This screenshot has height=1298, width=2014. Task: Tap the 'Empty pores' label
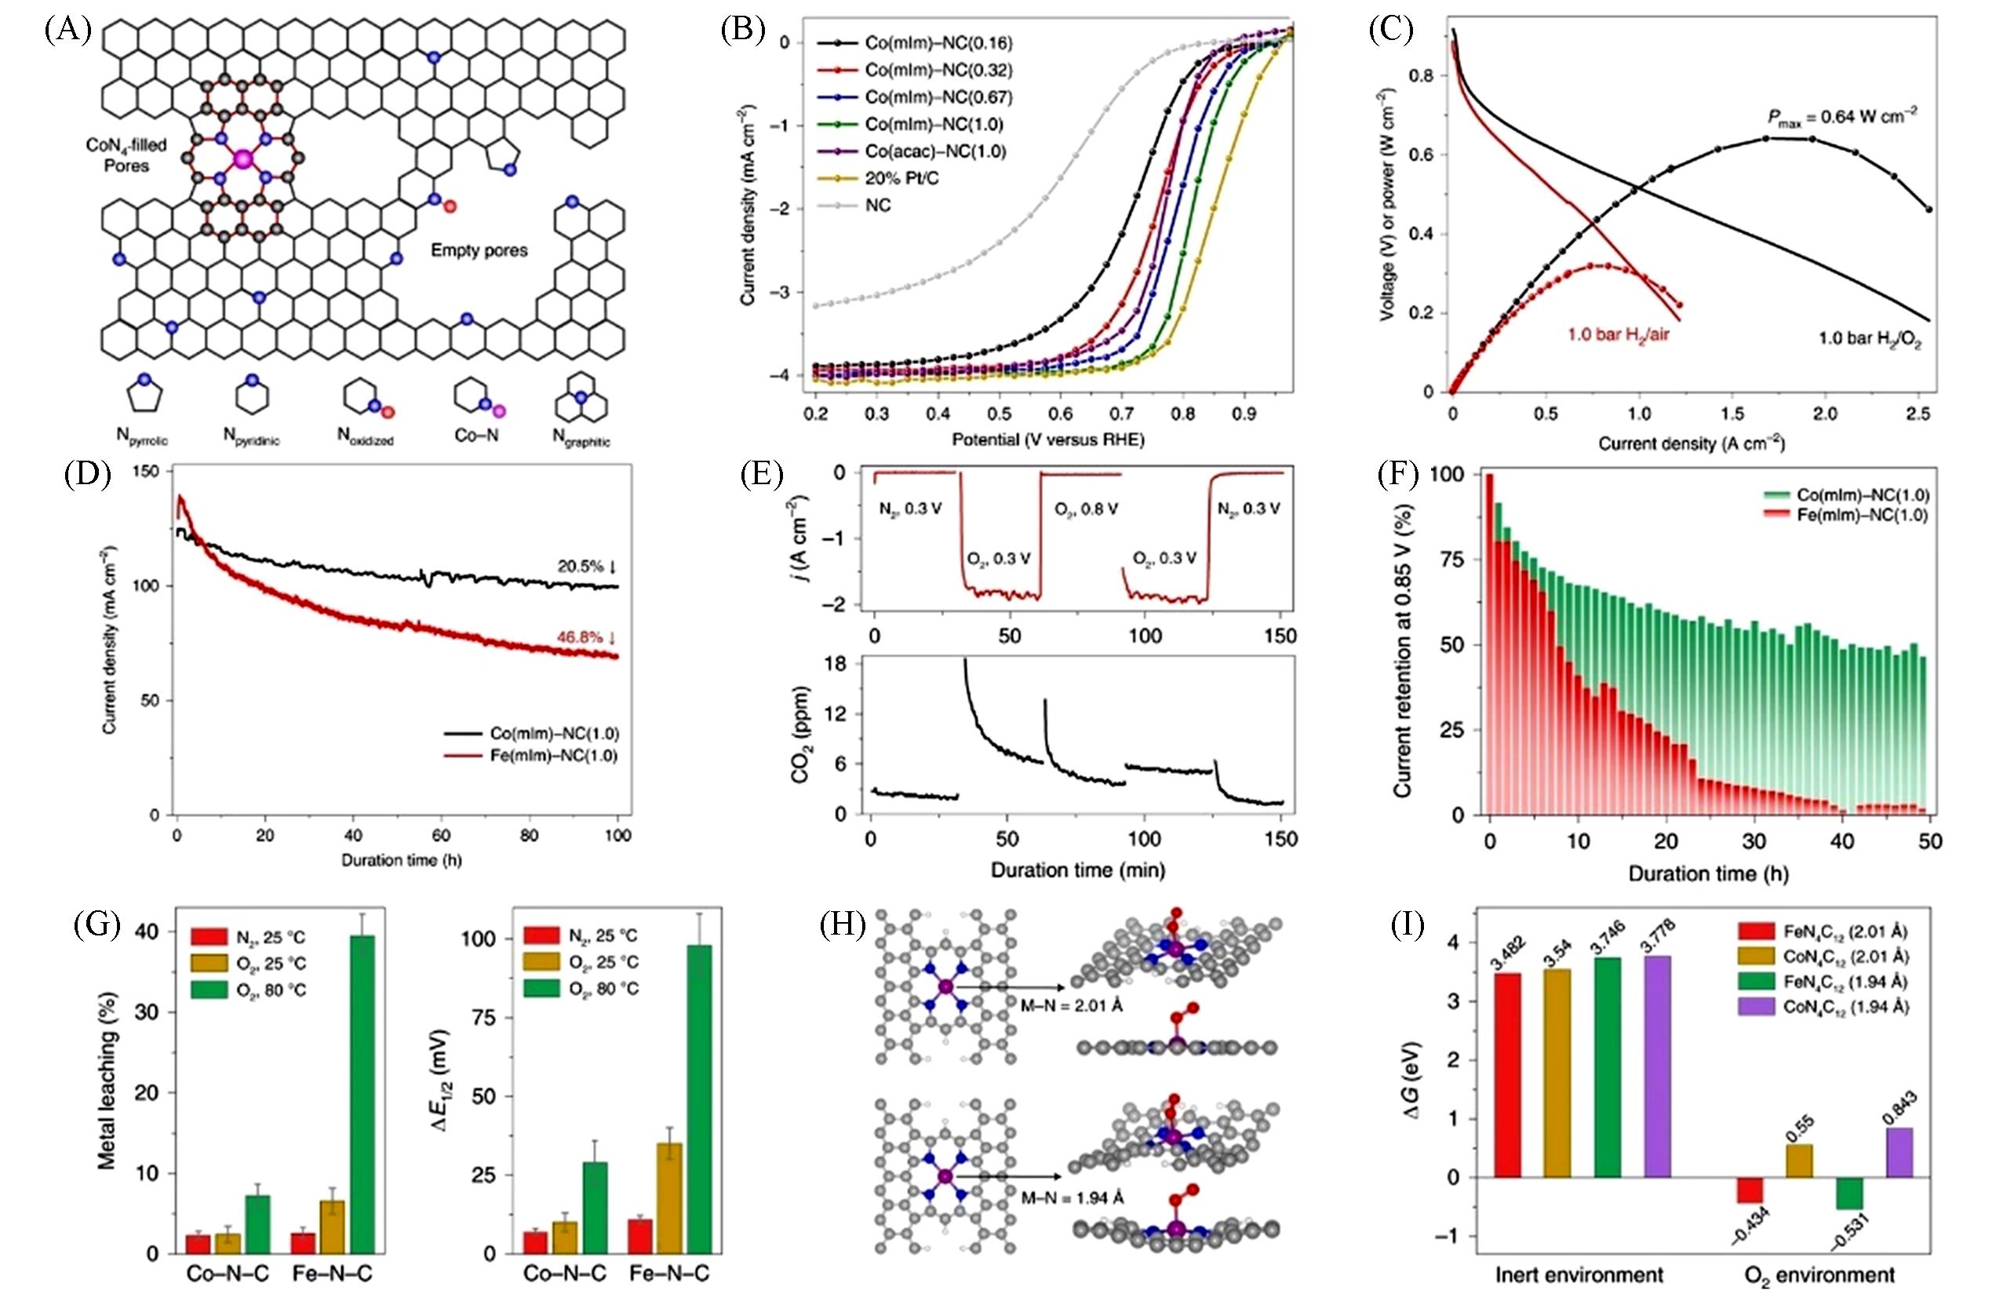[479, 250]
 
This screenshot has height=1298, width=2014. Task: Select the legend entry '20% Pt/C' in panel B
[901, 179]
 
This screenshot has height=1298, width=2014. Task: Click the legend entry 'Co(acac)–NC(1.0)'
[934, 151]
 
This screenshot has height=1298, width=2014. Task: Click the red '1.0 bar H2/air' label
[1618, 334]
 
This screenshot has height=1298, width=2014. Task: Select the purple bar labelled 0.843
[1899, 1152]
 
